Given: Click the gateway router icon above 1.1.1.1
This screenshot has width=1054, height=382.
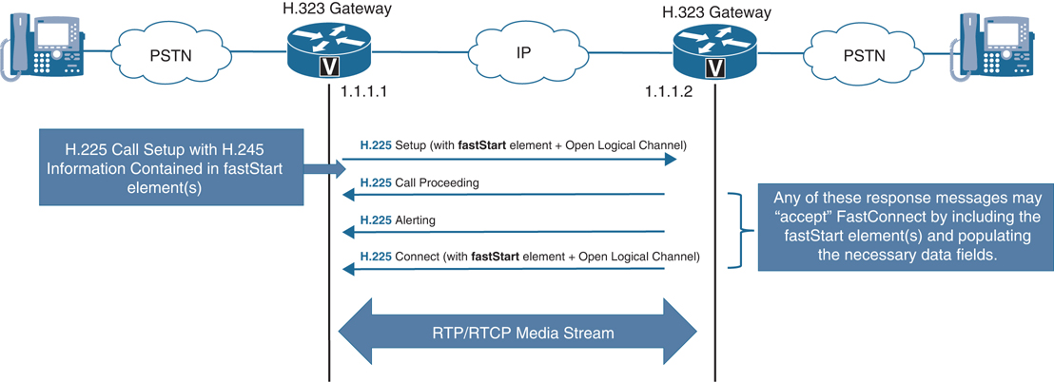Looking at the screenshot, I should (x=327, y=49).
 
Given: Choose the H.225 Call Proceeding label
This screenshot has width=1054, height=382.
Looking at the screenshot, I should (x=419, y=181).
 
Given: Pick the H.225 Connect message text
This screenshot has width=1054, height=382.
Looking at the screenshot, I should (x=529, y=257).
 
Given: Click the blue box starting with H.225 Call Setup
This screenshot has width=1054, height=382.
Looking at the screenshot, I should (x=175, y=168).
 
